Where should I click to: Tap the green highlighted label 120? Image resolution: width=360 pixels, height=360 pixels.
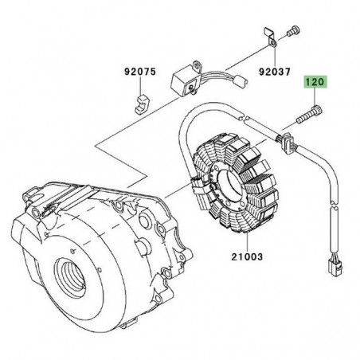tap(315, 82)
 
